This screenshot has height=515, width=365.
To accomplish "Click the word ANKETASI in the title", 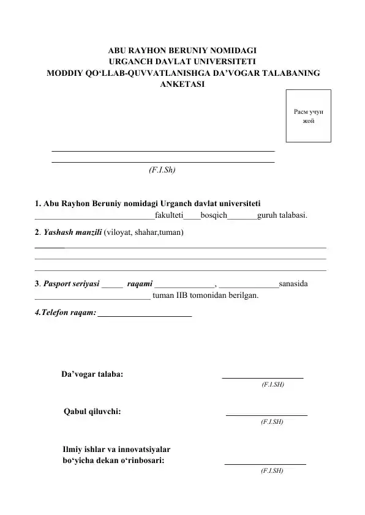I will point(182,84).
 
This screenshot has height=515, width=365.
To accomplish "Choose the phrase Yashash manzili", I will point(72,233).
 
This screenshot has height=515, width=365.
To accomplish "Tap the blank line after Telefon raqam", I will point(145,315).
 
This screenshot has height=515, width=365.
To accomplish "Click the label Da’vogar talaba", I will point(92,374).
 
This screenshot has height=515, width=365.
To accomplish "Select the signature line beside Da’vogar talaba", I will point(262,377).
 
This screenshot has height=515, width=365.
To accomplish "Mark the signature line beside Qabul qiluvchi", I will point(266,415).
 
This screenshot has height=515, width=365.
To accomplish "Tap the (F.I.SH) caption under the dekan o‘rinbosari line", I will point(271,471).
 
